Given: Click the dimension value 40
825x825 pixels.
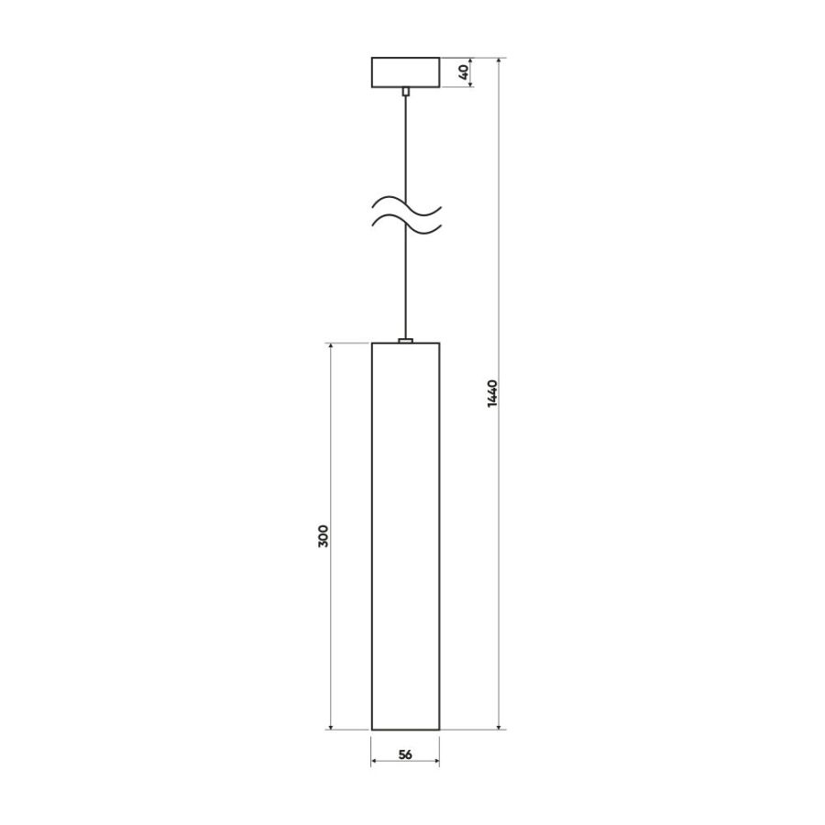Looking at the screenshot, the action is click(464, 72).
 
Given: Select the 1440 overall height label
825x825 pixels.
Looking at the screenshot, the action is click(492, 393).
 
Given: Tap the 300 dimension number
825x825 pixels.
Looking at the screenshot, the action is click(323, 535).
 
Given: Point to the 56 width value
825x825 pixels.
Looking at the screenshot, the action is click(405, 754).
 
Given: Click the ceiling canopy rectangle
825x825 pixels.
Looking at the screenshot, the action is click(406, 72).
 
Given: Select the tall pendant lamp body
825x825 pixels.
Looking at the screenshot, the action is click(406, 536).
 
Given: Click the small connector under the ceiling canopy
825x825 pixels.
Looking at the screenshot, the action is click(406, 92).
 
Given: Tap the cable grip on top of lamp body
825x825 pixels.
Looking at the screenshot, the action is click(406, 340).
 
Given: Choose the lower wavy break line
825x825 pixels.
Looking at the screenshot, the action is click(406, 224).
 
